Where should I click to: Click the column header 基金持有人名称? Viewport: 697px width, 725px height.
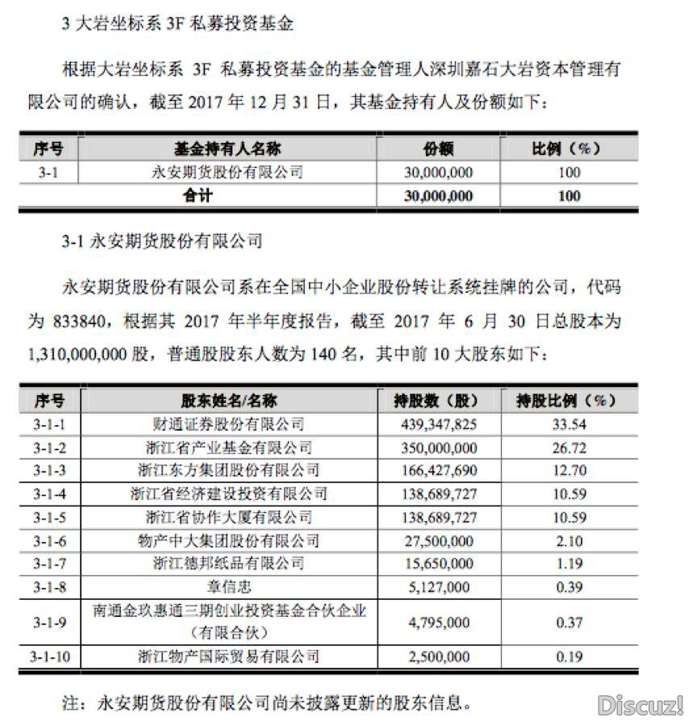(228, 148)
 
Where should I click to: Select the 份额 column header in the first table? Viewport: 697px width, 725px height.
(438, 148)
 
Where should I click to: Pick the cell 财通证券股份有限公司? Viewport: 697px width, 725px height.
(228, 423)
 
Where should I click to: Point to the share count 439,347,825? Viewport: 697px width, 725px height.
(438, 423)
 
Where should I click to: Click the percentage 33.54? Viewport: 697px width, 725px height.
(569, 423)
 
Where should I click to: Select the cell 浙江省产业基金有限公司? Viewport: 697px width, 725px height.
(228, 447)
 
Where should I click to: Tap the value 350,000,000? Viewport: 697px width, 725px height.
(438, 447)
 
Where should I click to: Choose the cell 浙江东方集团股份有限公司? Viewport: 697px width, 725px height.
(228, 470)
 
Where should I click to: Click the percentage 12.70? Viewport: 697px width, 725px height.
(569, 470)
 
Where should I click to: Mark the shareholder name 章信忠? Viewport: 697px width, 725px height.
(228, 587)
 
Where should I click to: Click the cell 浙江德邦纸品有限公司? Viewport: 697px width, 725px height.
(228, 564)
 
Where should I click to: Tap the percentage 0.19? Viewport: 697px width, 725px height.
(569, 657)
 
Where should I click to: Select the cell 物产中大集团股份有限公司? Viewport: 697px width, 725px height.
(228, 540)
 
